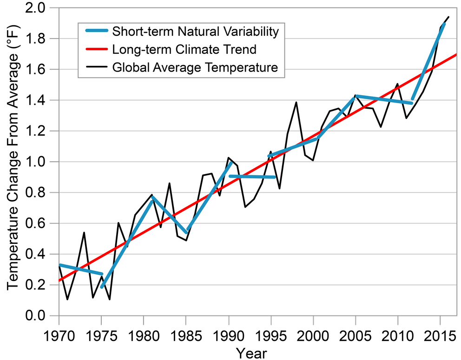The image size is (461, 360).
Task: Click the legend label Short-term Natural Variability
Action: coord(195,32)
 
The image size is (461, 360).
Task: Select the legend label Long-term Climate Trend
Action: coord(184,49)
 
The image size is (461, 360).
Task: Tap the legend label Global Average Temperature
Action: coord(195,67)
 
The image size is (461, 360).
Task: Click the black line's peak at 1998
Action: coord(296,102)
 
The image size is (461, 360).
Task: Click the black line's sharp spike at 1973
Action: coord(84,232)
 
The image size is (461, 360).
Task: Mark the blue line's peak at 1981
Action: coord(152,197)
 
